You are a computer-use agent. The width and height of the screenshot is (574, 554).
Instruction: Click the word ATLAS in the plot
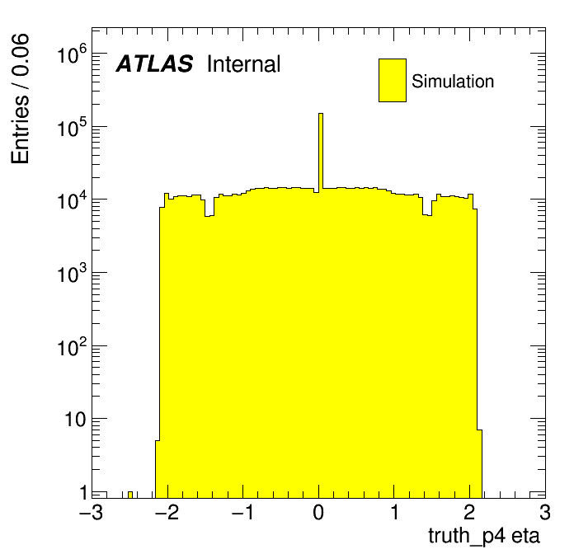pyautogui.click(x=154, y=64)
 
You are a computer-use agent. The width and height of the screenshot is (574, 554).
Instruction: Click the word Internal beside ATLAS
pyautogui.click(x=244, y=64)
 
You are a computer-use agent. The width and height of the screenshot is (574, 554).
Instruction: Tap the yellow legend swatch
pyautogui.click(x=393, y=80)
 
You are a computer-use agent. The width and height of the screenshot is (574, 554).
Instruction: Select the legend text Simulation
pyautogui.click(x=453, y=82)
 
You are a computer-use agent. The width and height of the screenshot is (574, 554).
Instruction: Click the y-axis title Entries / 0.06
pyautogui.click(x=20, y=99)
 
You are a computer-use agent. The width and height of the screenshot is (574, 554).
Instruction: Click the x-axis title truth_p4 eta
pyautogui.click(x=484, y=536)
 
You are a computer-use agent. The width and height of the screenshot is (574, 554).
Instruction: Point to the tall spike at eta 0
pyautogui.click(x=321, y=148)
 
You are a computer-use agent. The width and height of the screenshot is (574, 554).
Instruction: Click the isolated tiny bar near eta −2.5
pyautogui.click(x=130, y=494)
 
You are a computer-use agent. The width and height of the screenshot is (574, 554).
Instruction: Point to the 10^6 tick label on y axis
pyautogui.click(x=73, y=56)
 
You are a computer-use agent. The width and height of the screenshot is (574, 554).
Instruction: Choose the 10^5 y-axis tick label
pyautogui.click(x=73, y=129)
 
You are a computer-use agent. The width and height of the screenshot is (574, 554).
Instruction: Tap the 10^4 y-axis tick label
pyautogui.click(x=73, y=201)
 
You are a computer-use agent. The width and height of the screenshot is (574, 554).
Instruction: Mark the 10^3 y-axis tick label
pyautogui.click(x=73, y=275)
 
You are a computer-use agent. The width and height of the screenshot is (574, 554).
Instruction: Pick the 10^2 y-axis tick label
pyautogui.click(x=73, y=347)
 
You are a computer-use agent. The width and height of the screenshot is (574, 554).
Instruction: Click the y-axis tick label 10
pyautogui.click(x=76, y=420)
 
